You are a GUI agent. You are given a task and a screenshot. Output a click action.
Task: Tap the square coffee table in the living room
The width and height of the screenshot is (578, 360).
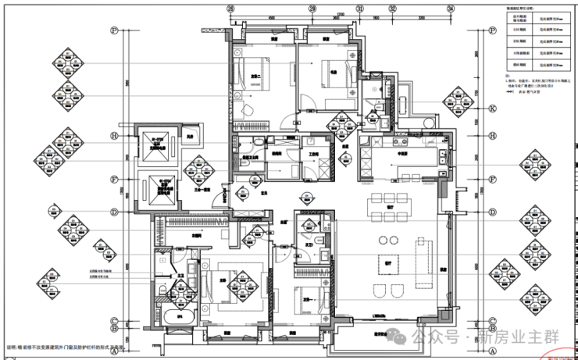387,261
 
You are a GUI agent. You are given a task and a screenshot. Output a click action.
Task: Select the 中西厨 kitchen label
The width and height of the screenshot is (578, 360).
404,155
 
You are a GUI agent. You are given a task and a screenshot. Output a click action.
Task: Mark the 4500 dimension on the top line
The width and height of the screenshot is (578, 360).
270,16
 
